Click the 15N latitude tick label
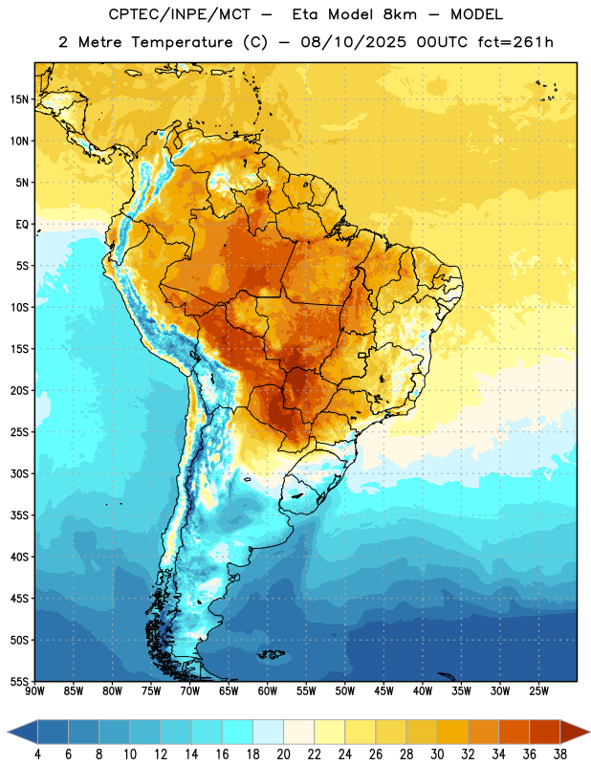19,99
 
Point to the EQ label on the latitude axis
22,225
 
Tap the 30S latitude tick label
19,473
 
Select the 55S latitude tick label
19,681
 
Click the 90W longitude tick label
35,691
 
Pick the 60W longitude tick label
268,691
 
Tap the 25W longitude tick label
538,691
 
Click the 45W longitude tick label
383,691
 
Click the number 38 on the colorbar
560,754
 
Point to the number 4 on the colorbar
37,754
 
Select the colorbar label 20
283,754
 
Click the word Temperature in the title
182,42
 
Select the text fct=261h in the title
515,42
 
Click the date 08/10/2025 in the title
353,42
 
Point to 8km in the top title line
400,14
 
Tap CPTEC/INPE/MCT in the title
179,14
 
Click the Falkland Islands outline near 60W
272,654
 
